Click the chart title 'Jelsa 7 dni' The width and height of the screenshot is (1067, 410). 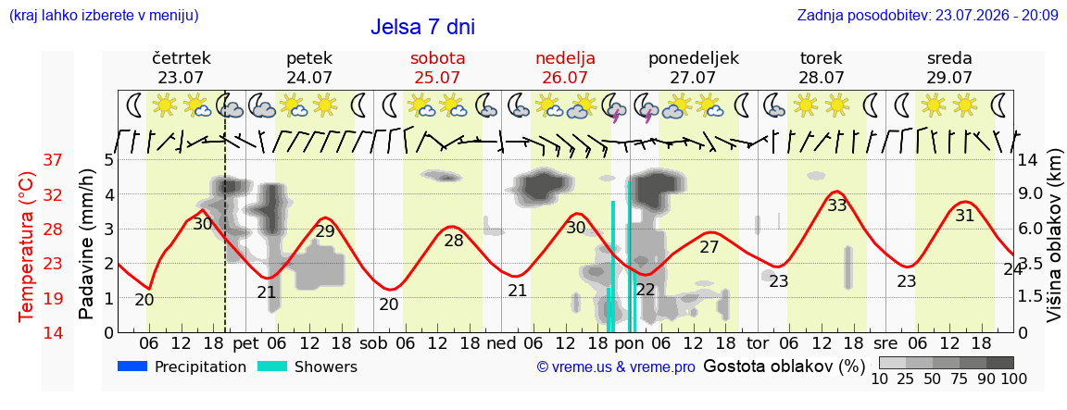click(422, 27)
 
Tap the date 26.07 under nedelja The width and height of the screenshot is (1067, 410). click(566, 77)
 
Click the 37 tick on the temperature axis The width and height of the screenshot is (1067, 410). click(53, 160)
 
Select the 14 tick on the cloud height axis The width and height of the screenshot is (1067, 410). click(1030, 160)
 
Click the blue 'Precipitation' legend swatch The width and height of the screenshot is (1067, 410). click(132, 367)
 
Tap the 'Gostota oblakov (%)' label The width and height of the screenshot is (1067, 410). click(784, 367)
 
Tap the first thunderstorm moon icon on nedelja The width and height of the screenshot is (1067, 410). click(615, 108)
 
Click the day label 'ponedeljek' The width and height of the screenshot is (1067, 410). click(694, 58)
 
